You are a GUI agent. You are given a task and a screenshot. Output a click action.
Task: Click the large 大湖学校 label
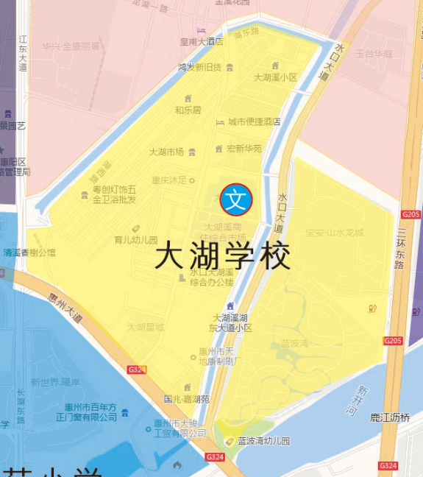pos(223,257)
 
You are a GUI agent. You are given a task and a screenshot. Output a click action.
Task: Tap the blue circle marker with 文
pos(236,199)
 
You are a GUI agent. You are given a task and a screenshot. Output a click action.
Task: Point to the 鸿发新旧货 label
pos(199,67)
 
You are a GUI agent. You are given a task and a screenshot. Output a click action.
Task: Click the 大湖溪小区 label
pos(275,77)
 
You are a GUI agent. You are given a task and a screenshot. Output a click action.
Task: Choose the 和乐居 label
pos(188,110)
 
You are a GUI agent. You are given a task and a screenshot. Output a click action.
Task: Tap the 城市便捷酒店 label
pos(254,121)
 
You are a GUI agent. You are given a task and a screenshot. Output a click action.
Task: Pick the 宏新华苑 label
pos(244,149)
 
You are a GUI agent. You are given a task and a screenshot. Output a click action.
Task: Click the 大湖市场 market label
pos(167,152)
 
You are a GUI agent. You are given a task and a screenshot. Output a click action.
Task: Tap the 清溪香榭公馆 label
pos(29,252)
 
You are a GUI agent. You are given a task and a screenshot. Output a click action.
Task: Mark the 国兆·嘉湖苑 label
pos(186,399)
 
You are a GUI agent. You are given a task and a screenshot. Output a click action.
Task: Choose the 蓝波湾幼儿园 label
pos(263,441)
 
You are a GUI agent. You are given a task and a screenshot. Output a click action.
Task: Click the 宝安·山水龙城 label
pos(335,233)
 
